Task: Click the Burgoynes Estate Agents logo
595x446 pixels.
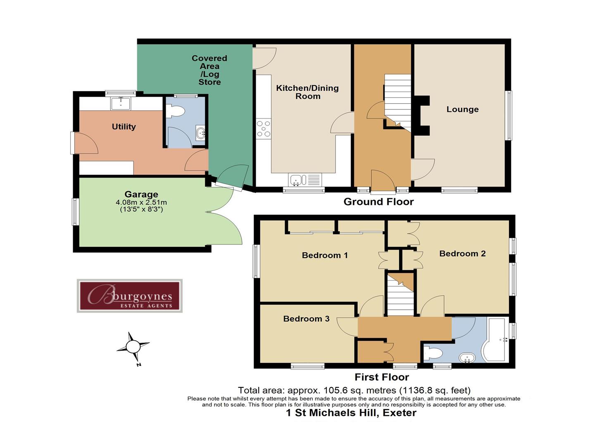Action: click(x=129, y=296)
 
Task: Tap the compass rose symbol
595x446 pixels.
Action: click(x=133, y=347)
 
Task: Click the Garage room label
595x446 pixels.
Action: click(x=141, y=194)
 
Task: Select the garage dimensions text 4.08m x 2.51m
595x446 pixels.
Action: click(x=141, y=202)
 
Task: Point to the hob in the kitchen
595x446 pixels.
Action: click(x=263, y=128)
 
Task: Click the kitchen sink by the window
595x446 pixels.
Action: click(x=296, y=180)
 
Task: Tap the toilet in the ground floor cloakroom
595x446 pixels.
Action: click(x=176, y=111)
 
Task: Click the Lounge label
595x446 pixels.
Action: click(x=462, y=109)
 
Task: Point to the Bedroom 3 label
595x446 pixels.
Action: click(x=306, y=319)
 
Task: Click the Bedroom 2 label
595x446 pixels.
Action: click(x=462, y=254)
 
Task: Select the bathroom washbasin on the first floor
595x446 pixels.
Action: click(x=468, y=357)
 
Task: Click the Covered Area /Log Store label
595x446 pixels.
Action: click(x=209, y=70)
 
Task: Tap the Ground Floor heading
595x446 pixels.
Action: click(x=378, y=202)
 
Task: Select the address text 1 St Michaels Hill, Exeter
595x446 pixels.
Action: click(x=351, y=413)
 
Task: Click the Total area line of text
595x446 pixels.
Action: click(x=354, y=390)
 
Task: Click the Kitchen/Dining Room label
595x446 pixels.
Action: click(x=307, y=92)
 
